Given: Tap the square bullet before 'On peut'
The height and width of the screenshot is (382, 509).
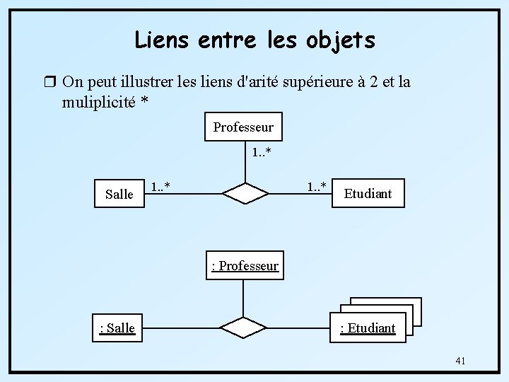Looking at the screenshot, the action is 48,82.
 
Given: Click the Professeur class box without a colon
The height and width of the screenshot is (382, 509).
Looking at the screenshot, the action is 243,127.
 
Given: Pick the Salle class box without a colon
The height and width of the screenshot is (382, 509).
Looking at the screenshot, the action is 119,193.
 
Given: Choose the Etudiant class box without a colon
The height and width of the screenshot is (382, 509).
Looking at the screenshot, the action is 368,193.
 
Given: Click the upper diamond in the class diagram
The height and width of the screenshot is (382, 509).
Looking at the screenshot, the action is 245,192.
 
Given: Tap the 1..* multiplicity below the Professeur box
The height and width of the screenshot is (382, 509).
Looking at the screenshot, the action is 262,152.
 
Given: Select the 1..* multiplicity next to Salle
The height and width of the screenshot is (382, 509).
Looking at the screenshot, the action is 163,187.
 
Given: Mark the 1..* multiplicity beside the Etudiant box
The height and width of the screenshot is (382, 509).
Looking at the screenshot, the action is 316,187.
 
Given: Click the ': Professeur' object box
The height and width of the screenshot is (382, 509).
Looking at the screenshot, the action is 245,266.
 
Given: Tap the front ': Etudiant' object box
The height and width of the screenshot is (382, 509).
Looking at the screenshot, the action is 368,328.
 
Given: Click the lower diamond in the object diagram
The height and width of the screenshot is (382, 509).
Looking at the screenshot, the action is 245,327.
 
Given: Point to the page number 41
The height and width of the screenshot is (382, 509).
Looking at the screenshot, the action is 460,361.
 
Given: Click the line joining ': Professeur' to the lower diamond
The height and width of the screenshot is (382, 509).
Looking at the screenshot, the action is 244,298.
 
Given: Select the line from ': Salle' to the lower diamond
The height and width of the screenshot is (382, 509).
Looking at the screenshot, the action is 177,328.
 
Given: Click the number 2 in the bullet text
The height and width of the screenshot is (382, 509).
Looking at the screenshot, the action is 368,82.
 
